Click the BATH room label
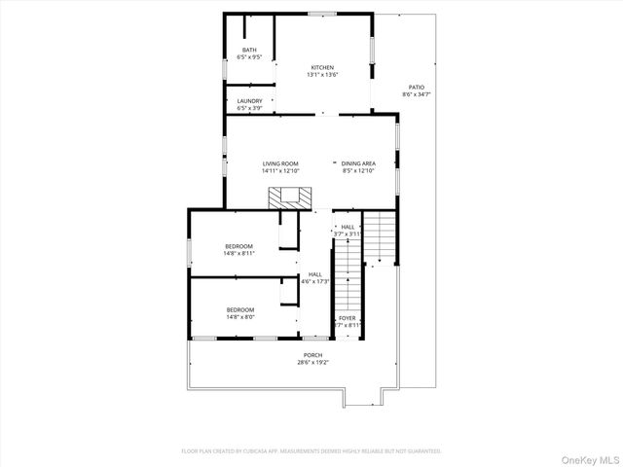click(249, 50)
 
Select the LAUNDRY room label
click(249, 100)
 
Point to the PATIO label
click(417, 87)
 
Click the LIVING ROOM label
click(280, 163)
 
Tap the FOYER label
click(347, 318)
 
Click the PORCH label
click(312, 355)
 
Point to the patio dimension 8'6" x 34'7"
click(417, 94)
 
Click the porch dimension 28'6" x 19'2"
click(312, 363)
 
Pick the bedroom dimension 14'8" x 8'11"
click(239, 253)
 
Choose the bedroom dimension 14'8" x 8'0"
click(239, 317)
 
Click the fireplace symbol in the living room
click(290, 198)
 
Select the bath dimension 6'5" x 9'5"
click(249, 57)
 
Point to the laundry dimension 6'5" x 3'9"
click(249, 108)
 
